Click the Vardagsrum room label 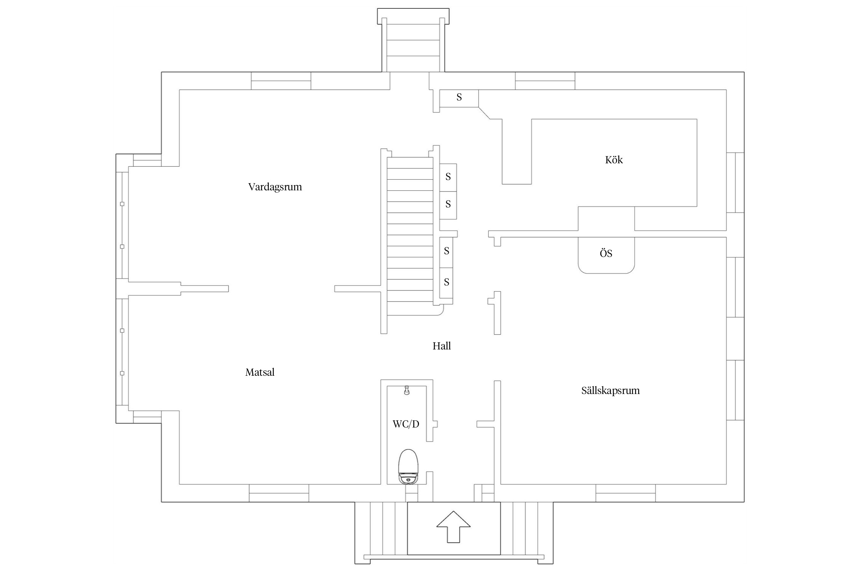point(275,187)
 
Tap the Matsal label point(260,372)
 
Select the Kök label point(614,160)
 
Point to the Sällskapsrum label point(610,391)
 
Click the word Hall point(441,346)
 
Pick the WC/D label point(406,424)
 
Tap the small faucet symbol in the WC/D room point(407,391)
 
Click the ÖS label point(606,254)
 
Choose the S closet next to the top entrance point(459,98)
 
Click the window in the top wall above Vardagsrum point(281,81)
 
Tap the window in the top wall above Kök point(545,81)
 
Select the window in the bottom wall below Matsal point(279,493)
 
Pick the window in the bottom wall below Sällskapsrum point(625,493)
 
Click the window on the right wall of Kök point(735,182)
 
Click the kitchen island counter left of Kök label point(516,152)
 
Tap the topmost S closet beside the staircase point(448,177)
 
